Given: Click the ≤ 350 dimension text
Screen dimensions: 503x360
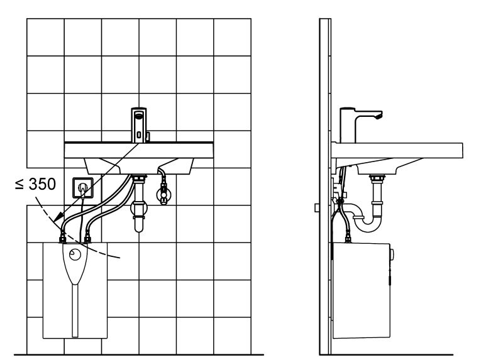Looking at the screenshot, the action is (35, 184).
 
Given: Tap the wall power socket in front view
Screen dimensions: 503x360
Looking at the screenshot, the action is (83, 187).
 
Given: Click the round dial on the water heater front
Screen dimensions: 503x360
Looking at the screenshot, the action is (75, 255).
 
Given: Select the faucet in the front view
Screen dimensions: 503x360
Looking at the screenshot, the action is (139, 125).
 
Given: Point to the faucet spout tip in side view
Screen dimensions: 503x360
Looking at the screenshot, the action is (380, 116).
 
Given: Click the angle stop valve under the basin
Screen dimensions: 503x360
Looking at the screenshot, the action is (163, 194).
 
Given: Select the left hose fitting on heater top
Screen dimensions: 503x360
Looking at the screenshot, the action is (62, 239).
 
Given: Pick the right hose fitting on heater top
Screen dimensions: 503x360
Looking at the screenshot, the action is (87, 239).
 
